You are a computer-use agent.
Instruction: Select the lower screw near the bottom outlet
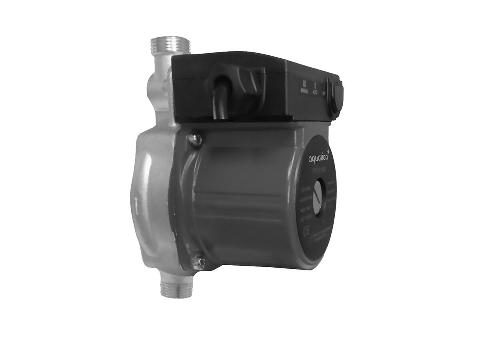(199, 262)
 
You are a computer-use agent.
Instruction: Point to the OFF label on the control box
(324, 91)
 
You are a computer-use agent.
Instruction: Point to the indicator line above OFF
(324, 84)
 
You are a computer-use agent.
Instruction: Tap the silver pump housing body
(154, 200)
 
